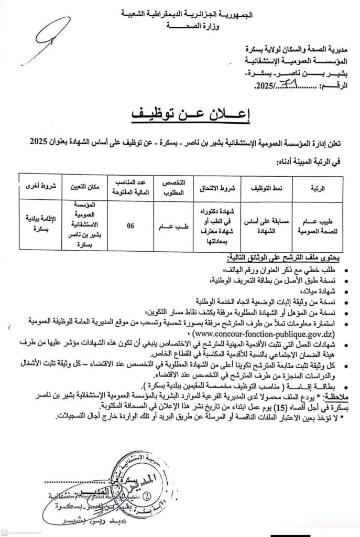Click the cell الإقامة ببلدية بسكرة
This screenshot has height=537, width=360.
point(36,226)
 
